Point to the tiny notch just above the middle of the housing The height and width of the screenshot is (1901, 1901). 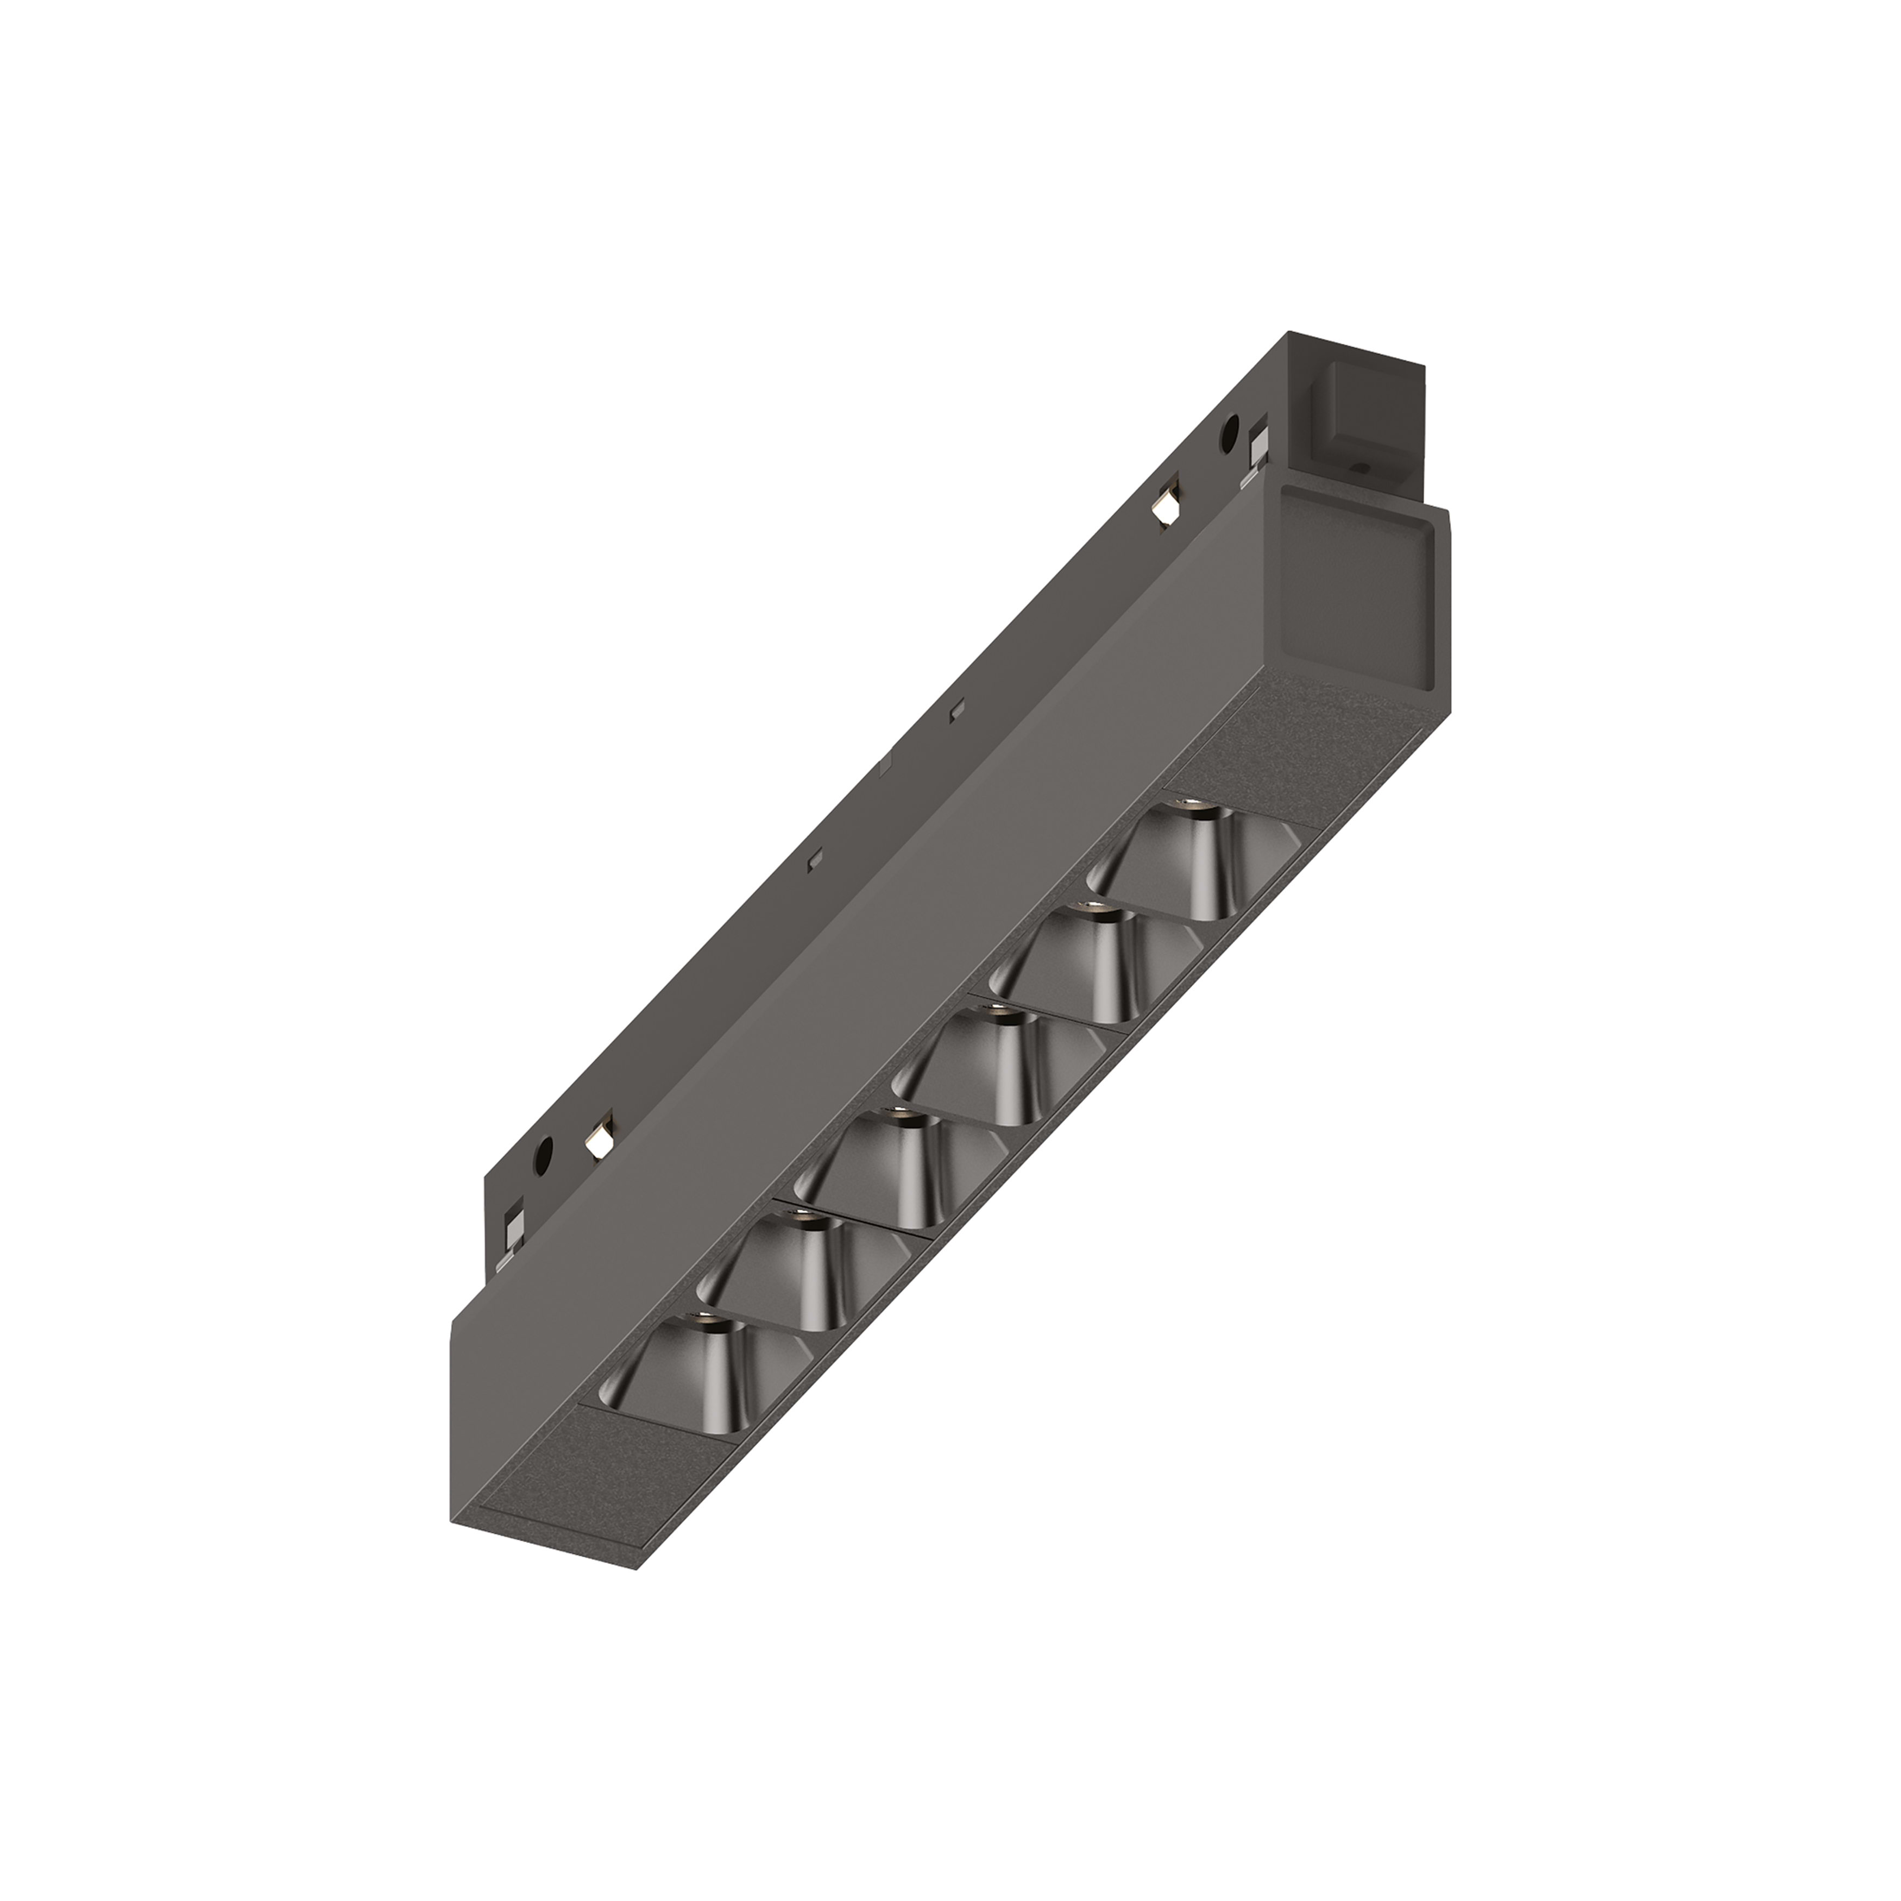pos(953,710)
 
